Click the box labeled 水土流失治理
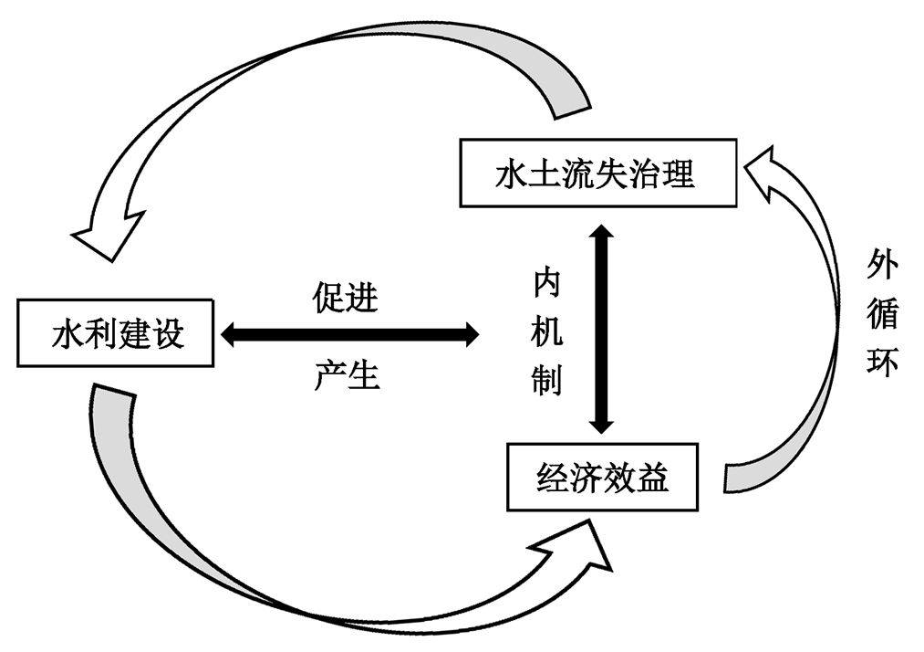click(x=597, y=174)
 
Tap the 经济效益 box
click(x=602, y=476)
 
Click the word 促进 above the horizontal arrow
click(x=346, y=297)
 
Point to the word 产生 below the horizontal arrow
click(x=347, y=374)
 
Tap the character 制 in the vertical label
click(x=547, y=382)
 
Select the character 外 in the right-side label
click(x=882, y=268)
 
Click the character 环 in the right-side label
click(x=882, y=363)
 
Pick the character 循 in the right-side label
click(x=882, y=315)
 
